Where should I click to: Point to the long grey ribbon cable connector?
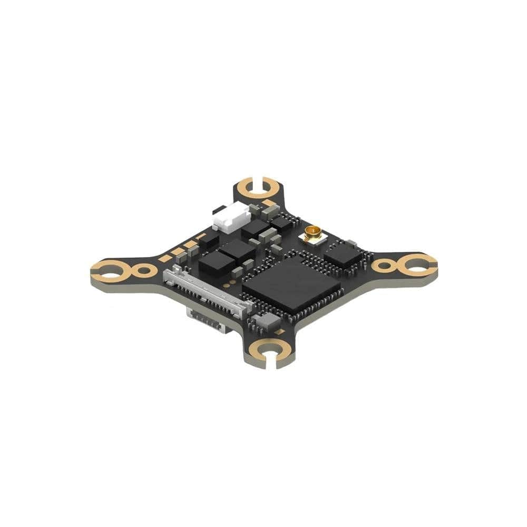tap(206, 292)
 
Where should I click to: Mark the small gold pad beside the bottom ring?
tap(281, 332)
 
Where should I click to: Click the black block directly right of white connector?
tap(253, 228)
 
